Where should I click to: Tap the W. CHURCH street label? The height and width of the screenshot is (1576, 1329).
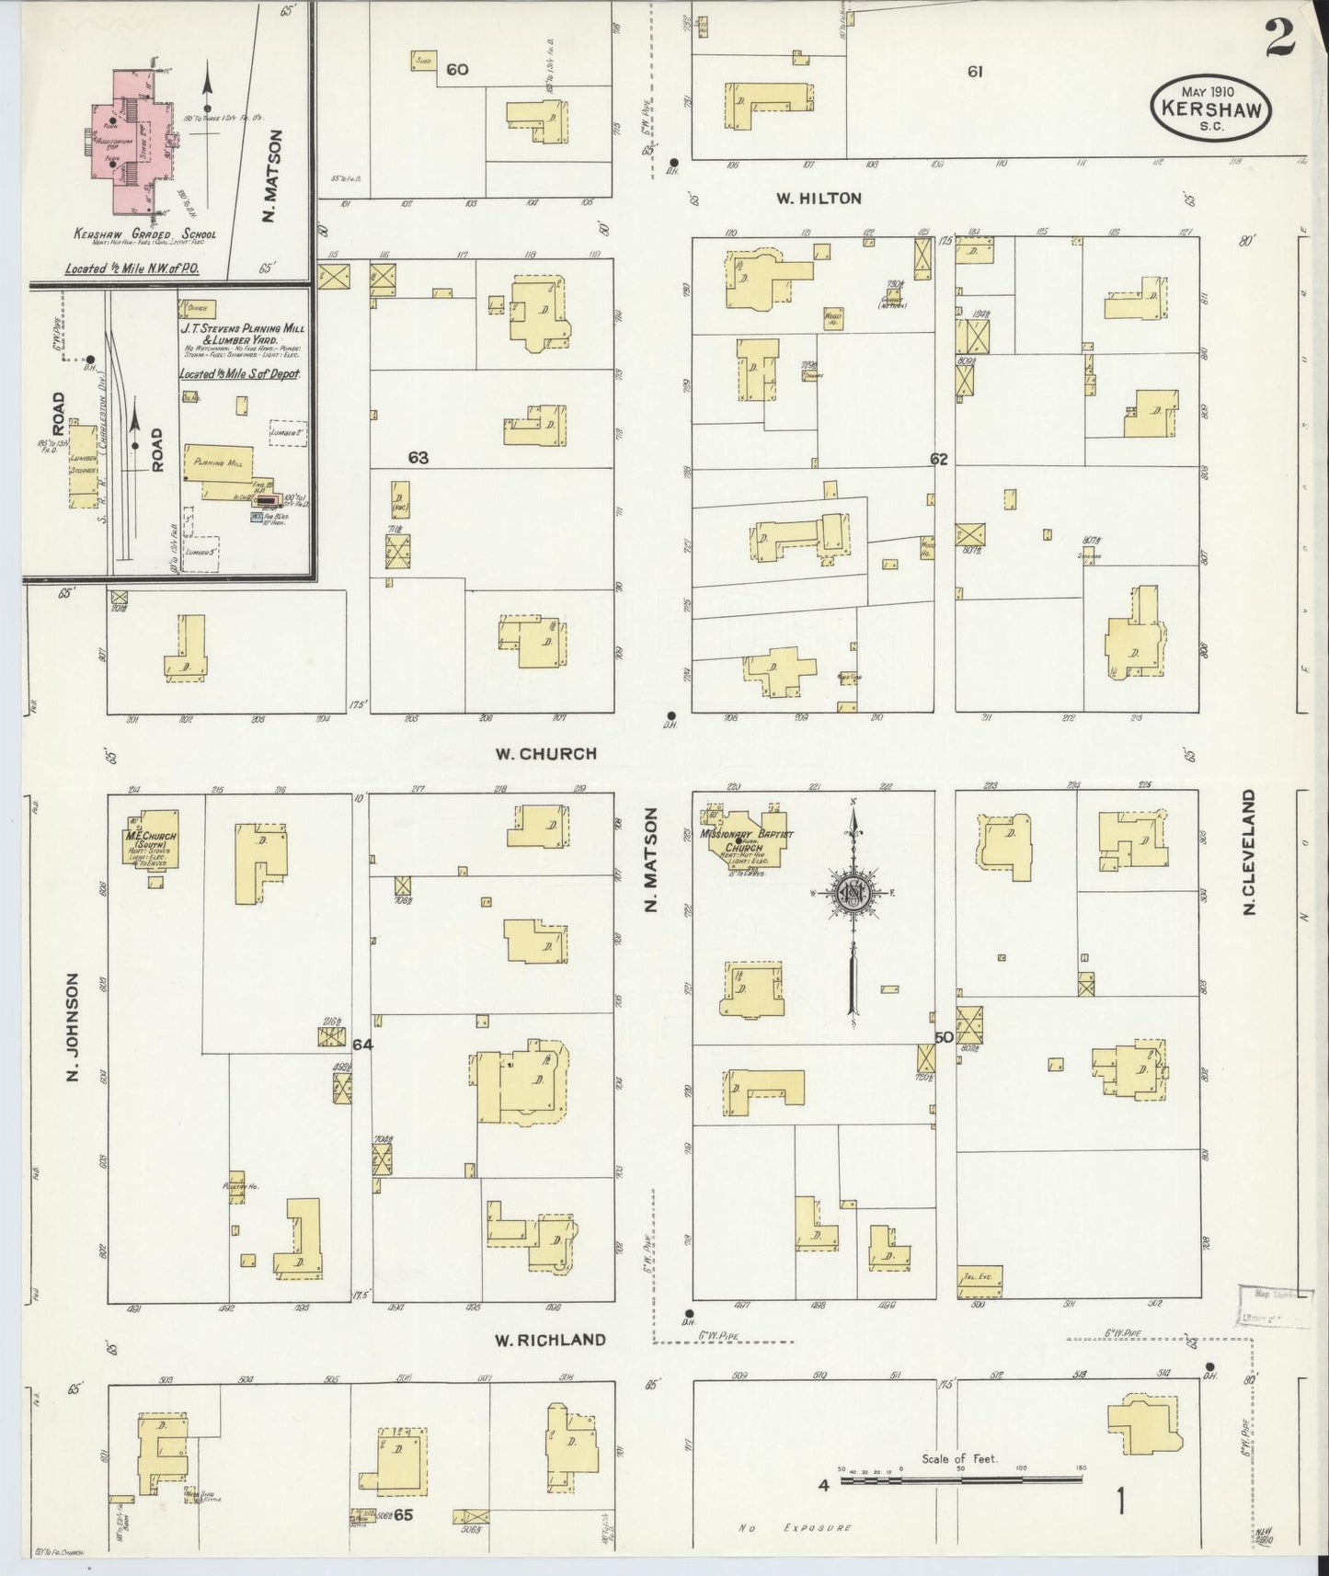(x=545, y=754)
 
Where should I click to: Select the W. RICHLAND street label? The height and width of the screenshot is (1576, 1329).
(x=550, y=1340)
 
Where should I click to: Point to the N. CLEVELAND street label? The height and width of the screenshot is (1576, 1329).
(x=1249, y=852)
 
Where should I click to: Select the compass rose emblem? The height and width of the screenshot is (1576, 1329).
(x=853, y=893)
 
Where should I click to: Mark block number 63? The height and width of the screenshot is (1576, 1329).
(x=418, y=458)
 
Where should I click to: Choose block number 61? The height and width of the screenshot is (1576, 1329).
(x=975, y=71)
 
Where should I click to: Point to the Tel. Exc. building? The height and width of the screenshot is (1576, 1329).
(x=979, y=1281)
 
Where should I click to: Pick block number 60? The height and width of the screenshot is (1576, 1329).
(x=456, y=69)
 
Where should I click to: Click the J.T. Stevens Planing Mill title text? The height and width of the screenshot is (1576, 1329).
(x=242, y=333)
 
